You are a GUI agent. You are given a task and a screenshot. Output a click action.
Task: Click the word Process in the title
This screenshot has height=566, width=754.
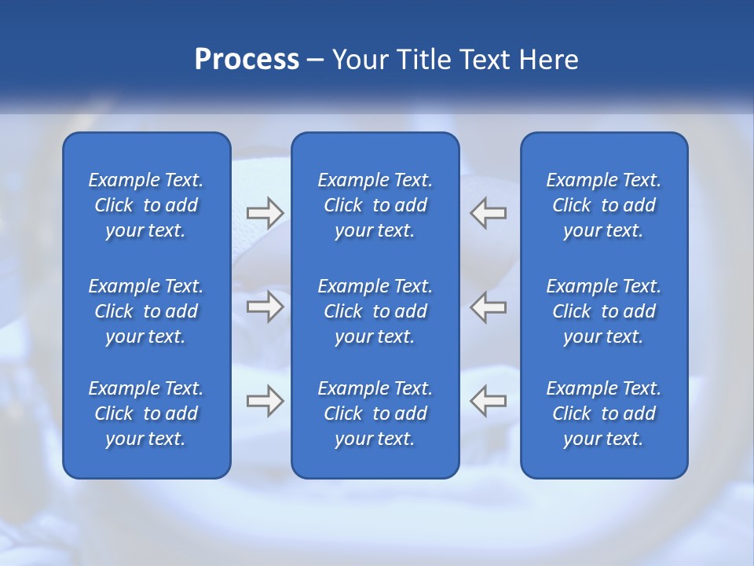coord(247,60)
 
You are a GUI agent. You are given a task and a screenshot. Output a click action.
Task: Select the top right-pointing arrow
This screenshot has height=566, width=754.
coord(265,212)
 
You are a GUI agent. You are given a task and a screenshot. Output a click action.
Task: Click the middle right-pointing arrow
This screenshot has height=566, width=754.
coord(265,307)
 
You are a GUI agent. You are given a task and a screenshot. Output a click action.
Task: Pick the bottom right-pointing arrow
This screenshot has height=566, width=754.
coord(265,401)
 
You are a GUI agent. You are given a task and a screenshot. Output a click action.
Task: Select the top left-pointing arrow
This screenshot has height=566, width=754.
coord(488,212)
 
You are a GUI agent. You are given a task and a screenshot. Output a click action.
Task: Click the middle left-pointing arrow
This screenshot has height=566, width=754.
coord(488,307)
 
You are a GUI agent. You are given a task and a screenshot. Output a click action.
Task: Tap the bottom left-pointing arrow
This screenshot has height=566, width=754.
coord(488,401)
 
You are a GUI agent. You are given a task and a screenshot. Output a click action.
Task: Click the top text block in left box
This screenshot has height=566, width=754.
coord(146,205)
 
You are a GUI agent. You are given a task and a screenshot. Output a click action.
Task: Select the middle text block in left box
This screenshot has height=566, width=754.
coord(146,311)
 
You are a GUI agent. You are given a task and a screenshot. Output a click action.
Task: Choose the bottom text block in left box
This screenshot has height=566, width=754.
coord(146,413)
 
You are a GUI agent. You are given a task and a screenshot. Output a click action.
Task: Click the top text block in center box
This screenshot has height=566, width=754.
coord(375,205)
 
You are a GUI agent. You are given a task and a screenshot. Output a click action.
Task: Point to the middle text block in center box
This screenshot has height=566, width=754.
coord(375,311)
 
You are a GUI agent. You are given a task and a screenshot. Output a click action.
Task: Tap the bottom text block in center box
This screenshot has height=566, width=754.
coord(375,413)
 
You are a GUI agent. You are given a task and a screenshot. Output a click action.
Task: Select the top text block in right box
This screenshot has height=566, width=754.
coord(604,205)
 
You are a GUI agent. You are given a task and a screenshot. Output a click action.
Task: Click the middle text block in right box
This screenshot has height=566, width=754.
coord(604,311)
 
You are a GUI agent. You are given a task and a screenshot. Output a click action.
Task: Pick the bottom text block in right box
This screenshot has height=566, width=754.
coord(604,413)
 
